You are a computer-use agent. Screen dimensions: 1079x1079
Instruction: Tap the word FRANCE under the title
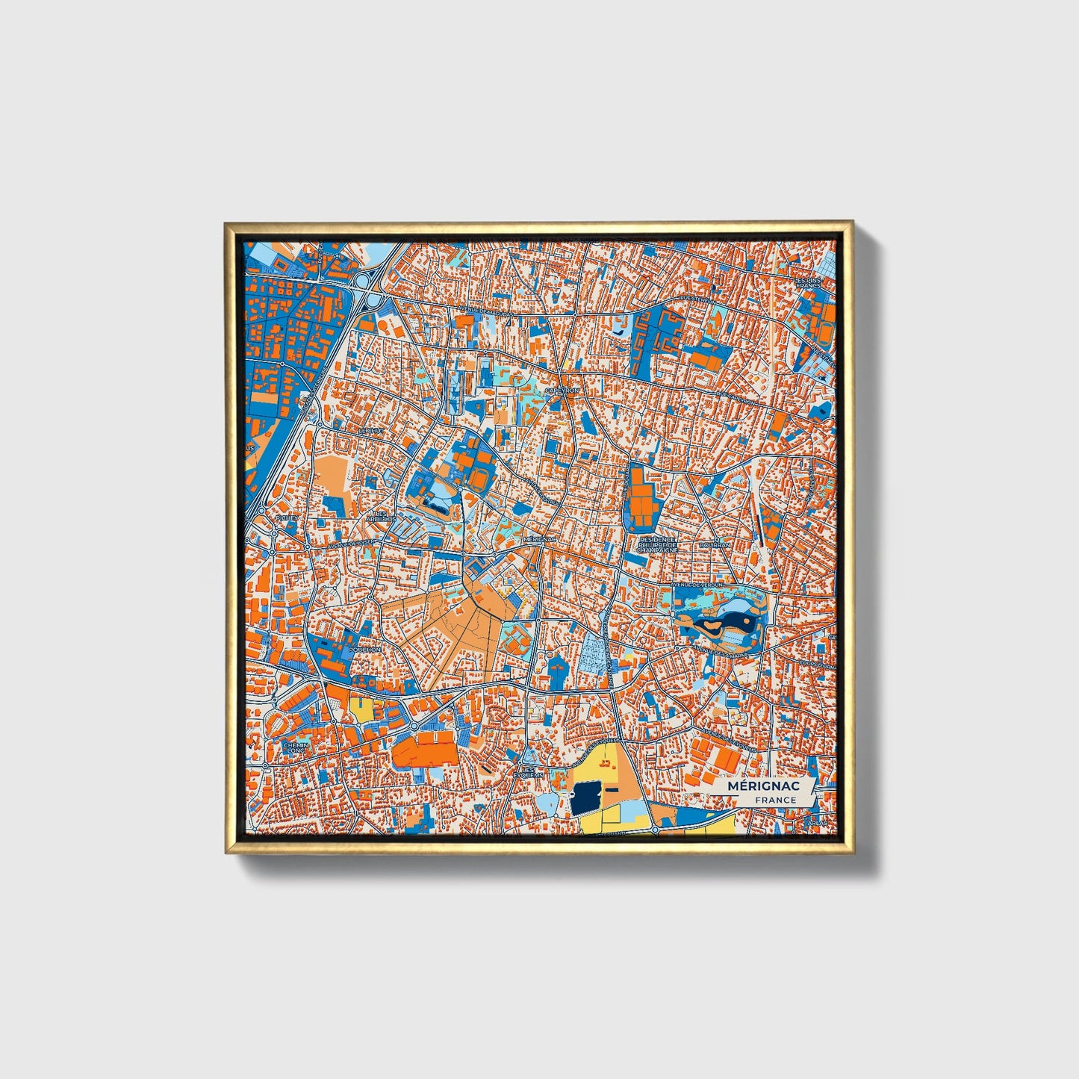coord(775,800)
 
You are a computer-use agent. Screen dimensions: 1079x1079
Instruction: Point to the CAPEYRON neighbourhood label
coord(562,391)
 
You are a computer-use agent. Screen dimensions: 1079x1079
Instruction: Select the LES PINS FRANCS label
coord(808,282)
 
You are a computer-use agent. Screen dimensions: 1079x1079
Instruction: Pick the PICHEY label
coord(286,517)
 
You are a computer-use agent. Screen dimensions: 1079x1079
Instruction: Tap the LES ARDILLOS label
coord(382,516)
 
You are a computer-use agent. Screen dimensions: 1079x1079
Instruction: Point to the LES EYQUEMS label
coord(528,772)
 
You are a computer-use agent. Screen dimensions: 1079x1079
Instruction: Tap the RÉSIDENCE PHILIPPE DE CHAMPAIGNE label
coord(657,544)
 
